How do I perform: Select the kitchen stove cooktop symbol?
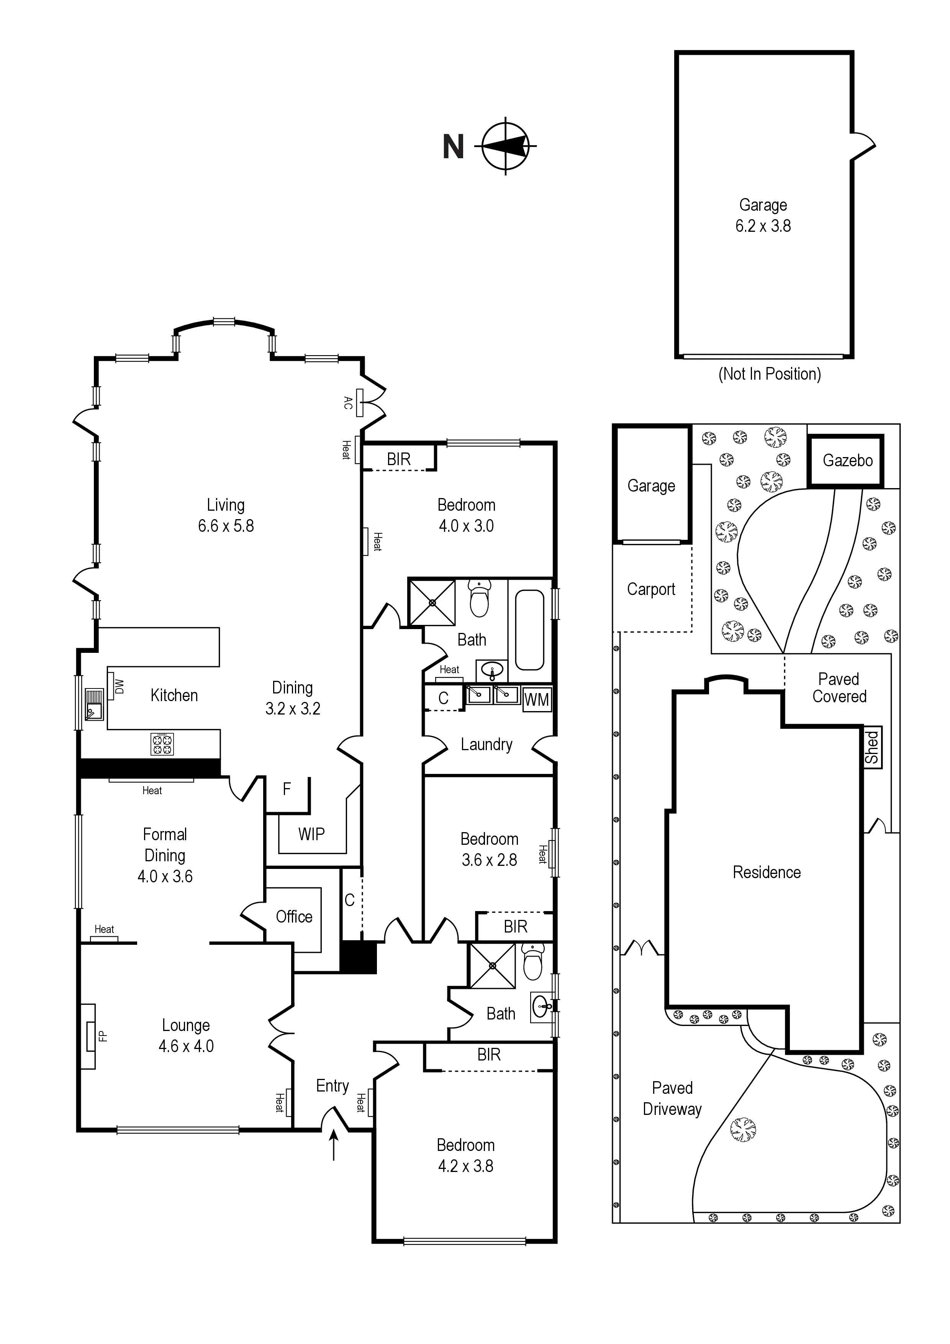[x=162, y=744]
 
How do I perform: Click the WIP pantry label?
[x=311, y=834]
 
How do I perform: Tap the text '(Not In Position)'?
[x=770, y=374]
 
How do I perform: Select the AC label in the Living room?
[x=348, y=403]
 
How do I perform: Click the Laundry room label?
[x=486, y=744]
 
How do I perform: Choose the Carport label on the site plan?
[x=651, y=590]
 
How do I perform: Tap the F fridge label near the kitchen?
[x=287, y=789]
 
